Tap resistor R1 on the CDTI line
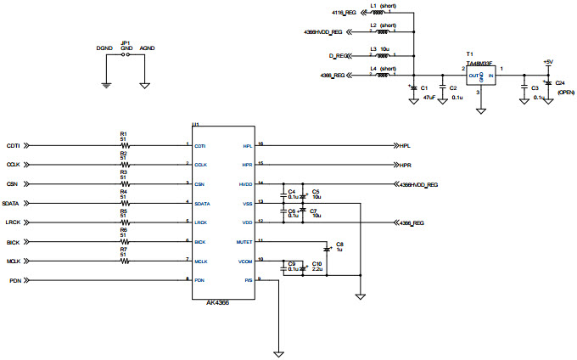pyautogui.click(x=124, y=145)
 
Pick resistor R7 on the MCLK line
pyautogui.click(x=124, y=261)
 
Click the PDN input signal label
pyautogui.click(x=14, y=280)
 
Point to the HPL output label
pyautogui.click(x=406, y=145)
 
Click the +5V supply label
pyautogui.click(x=548, y=62)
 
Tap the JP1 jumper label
pyautogui.click(x=126, y=42)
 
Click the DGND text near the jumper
pyautogui.click(x=104, y=49)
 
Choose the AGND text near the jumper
pyautogui.click(x=147, y=49)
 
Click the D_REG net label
pyautogui.click(x=339, y=55)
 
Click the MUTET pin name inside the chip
pyautogui.click(x=245, y=241)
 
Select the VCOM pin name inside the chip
pyautogui.click(x=246, y=261)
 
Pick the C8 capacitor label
pyautogui.click(x=340, y=245)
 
